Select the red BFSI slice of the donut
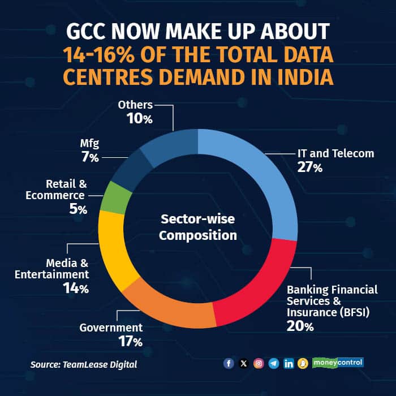[257, 289]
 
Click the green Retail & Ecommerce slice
[114, 197]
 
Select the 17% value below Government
[131, 341]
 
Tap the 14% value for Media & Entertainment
[76, 289]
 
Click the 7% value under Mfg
[89, 158]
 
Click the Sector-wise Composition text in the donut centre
[197, 227]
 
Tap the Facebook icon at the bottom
[229, 363]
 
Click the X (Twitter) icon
[243, 363]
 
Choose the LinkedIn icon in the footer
[289, 363]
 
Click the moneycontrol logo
[339, 362]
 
